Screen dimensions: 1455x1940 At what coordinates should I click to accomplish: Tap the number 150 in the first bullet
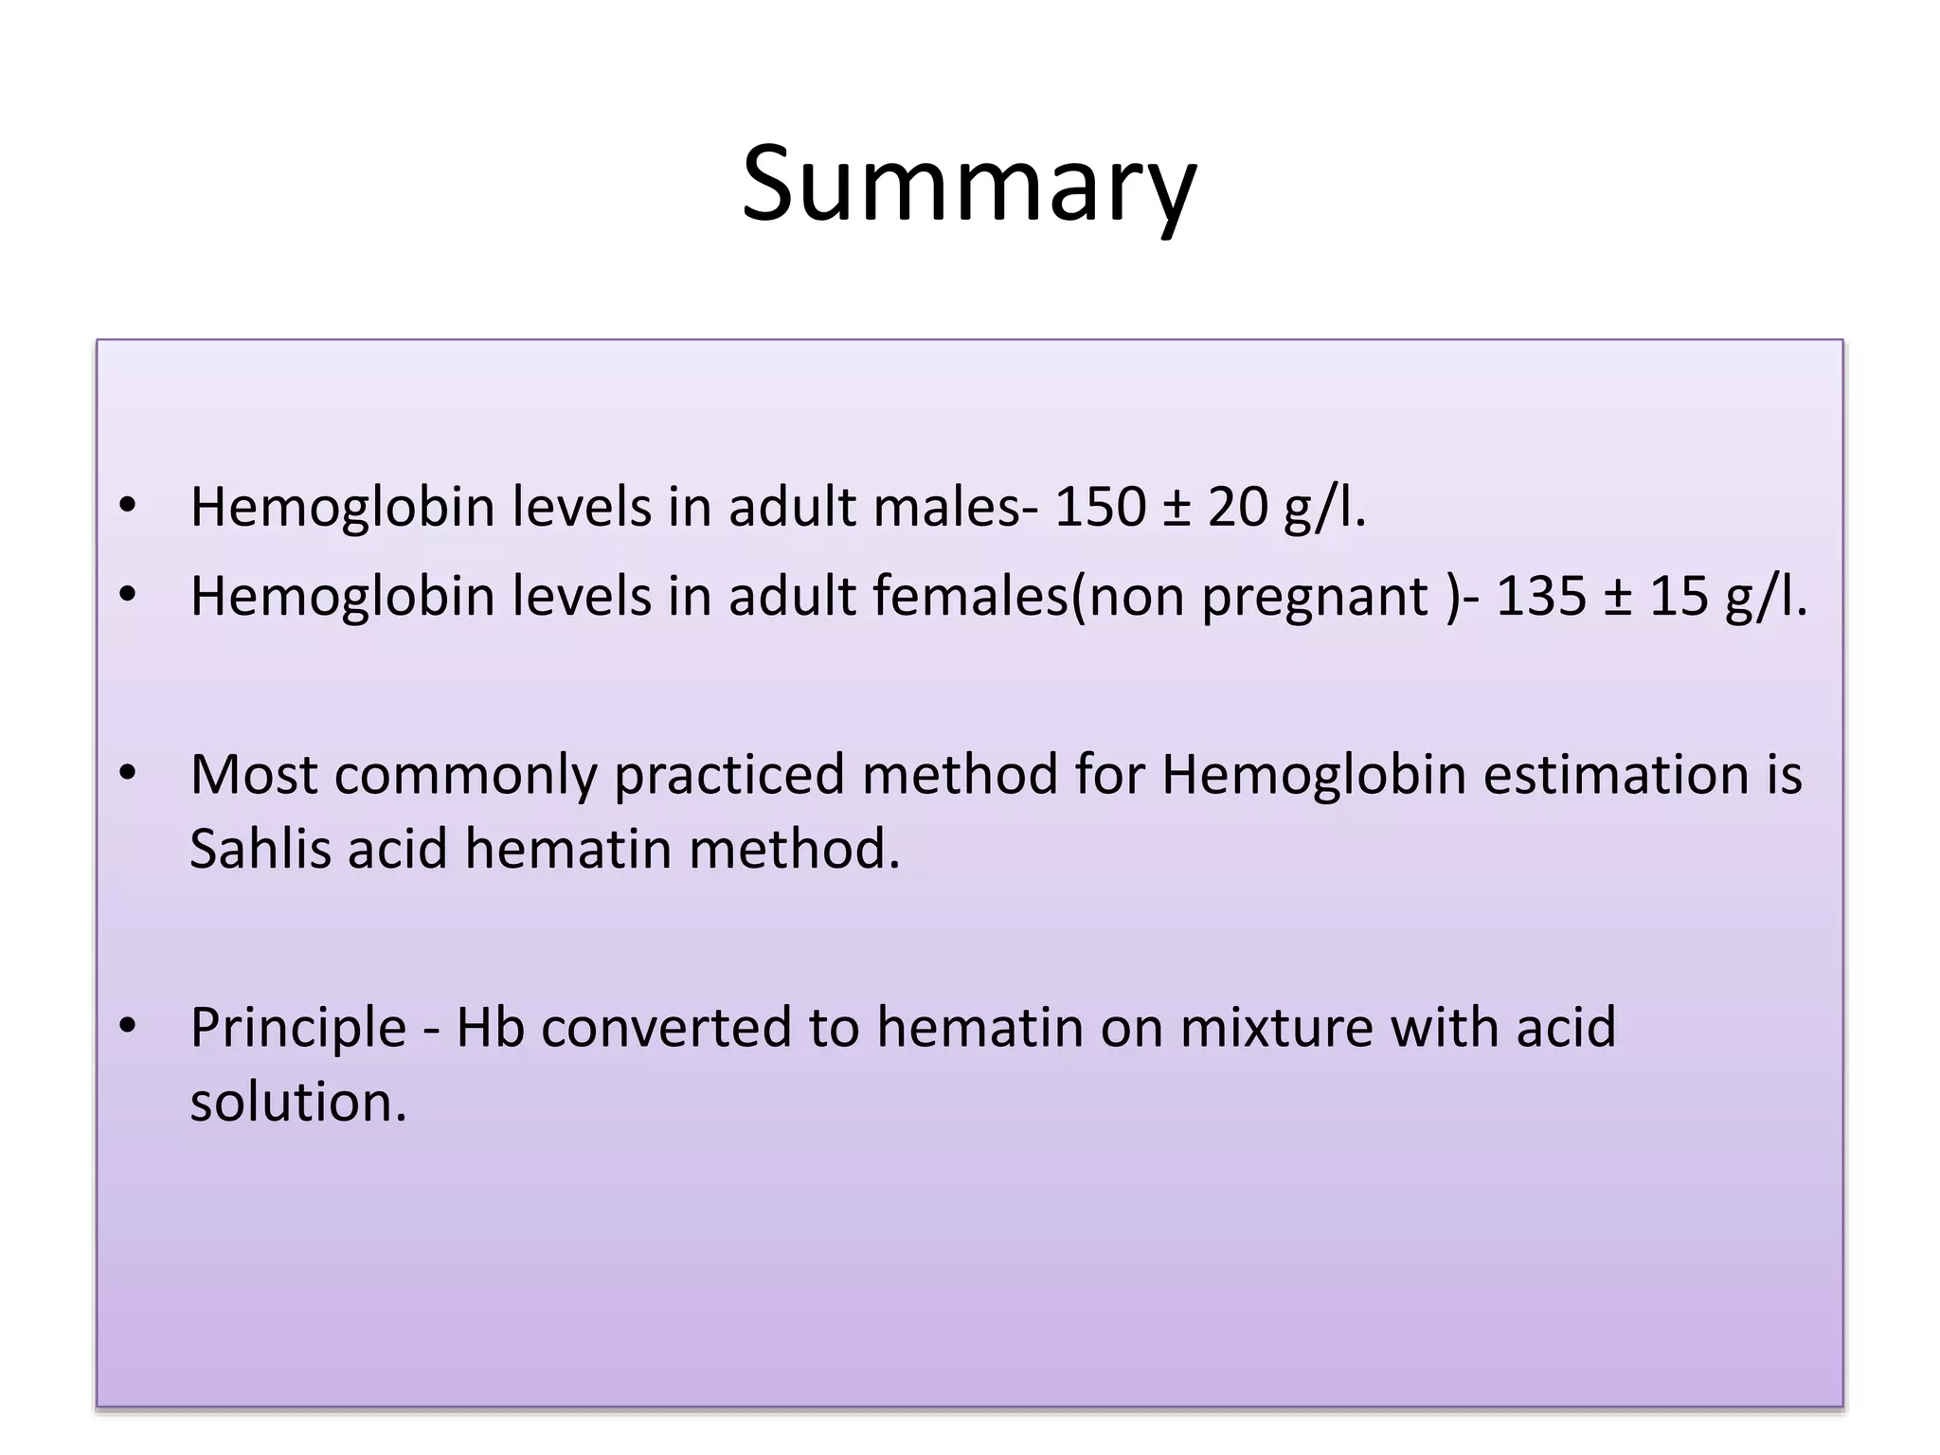coord(1100,507)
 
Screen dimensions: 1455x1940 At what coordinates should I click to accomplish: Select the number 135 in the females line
coord(1541,597)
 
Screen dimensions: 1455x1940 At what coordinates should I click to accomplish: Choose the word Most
coord(253,775)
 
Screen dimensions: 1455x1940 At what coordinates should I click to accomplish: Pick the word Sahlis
coord(260,848)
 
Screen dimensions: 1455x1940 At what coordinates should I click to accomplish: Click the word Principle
coord(298,1029)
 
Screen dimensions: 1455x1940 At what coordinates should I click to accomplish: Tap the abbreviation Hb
coord(490,1028)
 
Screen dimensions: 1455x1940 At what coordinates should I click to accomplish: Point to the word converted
coord(666,1028)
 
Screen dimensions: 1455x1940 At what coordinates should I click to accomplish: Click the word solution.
coord(298,1102)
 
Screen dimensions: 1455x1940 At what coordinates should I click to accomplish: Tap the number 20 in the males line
coord(1237,507)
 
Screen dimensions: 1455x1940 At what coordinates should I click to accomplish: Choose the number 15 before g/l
coord(1679,597)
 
